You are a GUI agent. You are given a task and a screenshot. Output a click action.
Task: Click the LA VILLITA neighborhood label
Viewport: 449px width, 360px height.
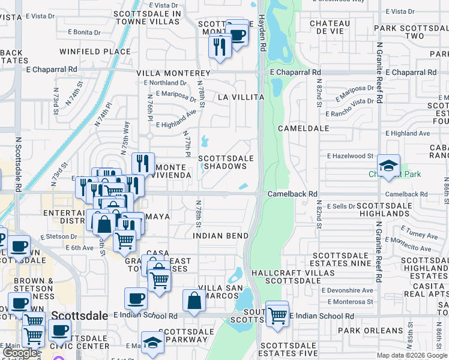tap(241, 97)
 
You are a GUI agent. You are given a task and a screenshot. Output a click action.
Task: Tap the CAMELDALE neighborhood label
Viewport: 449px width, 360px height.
tap(304, 128)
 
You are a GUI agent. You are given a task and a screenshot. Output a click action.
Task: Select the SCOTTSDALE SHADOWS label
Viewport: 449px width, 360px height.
tap(226, 163)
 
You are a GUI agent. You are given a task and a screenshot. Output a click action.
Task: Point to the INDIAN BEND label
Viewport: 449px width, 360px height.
tap(221, 236)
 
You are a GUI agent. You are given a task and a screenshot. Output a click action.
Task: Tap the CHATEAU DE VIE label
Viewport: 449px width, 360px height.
tap(330, 27)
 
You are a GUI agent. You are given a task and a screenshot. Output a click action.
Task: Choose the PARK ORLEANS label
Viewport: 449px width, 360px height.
tap(370, 331)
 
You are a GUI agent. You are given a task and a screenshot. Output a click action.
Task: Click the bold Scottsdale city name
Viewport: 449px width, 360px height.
tap(80, 316)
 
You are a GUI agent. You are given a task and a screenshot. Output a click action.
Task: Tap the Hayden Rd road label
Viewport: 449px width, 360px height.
tap(262, 33)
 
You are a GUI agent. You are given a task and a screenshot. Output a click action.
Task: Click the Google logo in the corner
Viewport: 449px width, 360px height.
tap(20, 353)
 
